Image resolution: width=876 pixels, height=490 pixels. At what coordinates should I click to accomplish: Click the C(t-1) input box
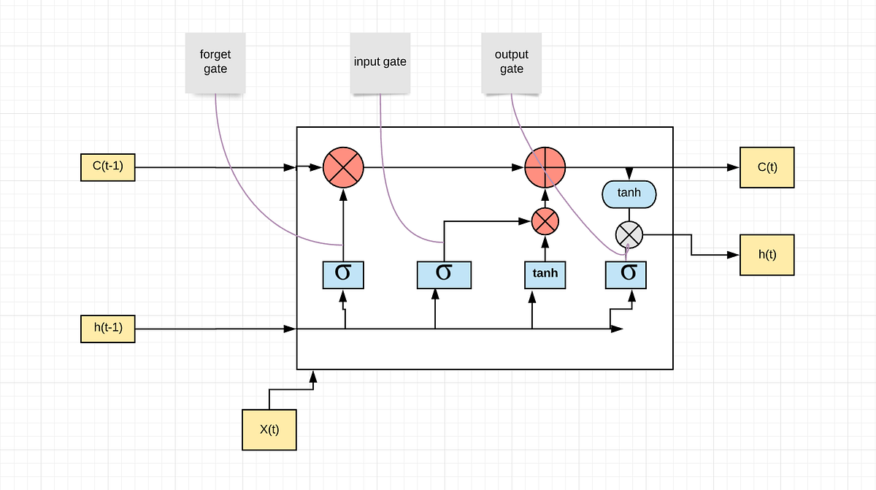pyautogui.click(x=107, y=167)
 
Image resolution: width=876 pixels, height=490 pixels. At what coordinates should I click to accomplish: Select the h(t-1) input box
pyautogui.click(x=107, y=329)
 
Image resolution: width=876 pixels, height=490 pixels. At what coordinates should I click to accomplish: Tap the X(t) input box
pyautogui.click(x=269, y=429)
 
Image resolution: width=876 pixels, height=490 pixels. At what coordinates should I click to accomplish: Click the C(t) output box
pyautogui.click(x=766, y=167)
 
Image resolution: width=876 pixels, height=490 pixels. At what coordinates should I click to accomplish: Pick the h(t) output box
pyautogui.click(x=766, y=255)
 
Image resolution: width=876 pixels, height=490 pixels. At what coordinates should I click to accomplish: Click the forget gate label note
pyautogui.click(x=215, y=62)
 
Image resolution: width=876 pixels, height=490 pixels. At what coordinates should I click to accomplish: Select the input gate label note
pyautogui.click(x=380, y=62)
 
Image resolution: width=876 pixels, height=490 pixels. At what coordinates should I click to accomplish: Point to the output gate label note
pyautogui.click(x=511, y=62)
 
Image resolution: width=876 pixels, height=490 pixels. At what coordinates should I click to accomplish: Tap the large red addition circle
pyautogui.click(x=545, y=167)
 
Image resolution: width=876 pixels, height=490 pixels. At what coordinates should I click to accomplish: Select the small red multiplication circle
pyautogui.click(x=545, y=220)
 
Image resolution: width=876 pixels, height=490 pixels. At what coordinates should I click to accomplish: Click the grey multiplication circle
pyautogui.click(x=629, y=235)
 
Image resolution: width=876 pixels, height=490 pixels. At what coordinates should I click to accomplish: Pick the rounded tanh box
pyautogui.click(x=629, y=194)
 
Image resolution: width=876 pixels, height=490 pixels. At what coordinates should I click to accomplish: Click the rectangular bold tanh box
pyautogui.click(x=545, y=273)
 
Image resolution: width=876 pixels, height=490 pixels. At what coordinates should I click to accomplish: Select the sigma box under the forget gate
pyautogui.click(x=342, y=273)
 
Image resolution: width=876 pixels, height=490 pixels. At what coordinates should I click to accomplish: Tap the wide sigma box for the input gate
pyautogui.click(x=444, y=273)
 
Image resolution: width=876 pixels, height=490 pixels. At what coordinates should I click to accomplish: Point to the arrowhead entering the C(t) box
pyautogui.click(x=734, y=167)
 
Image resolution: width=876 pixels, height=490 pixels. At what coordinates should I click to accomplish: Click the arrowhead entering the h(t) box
pyautogui.click(x=734, y=255)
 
